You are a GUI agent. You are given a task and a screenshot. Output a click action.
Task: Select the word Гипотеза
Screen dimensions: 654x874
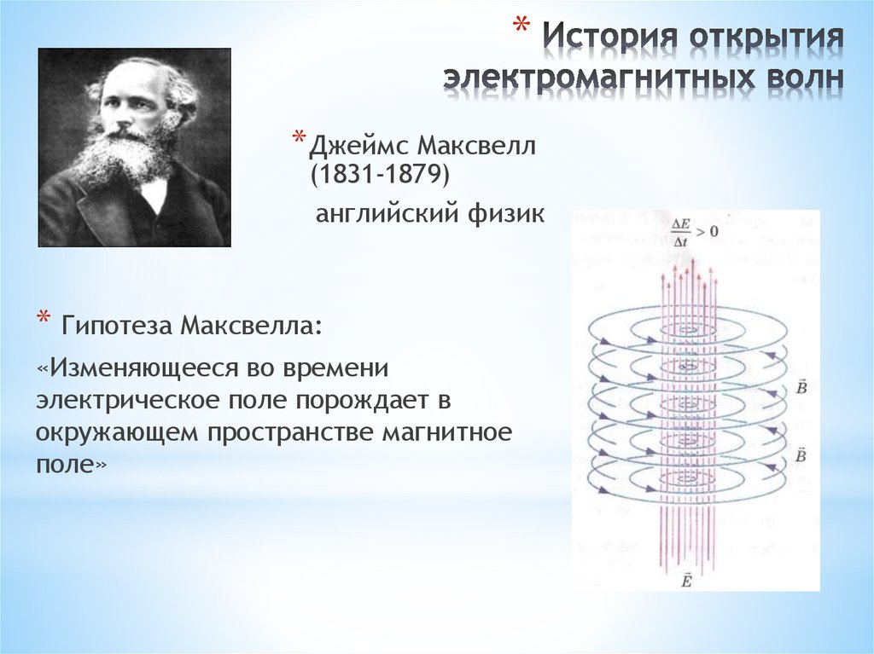pyautogui.click(x=112, y=326)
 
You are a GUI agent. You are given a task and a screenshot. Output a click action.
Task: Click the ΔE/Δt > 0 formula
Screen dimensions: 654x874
pyautogui.click(x=693, y=231)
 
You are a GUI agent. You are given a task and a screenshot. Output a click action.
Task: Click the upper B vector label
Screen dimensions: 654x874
pyautogui.click(x=800, y=388)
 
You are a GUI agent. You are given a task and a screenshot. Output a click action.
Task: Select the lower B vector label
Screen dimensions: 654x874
pyautogui.click(x=800, y=456)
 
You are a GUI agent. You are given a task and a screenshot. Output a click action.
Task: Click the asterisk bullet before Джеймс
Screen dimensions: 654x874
pyautogui.click(x=299, y=139)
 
